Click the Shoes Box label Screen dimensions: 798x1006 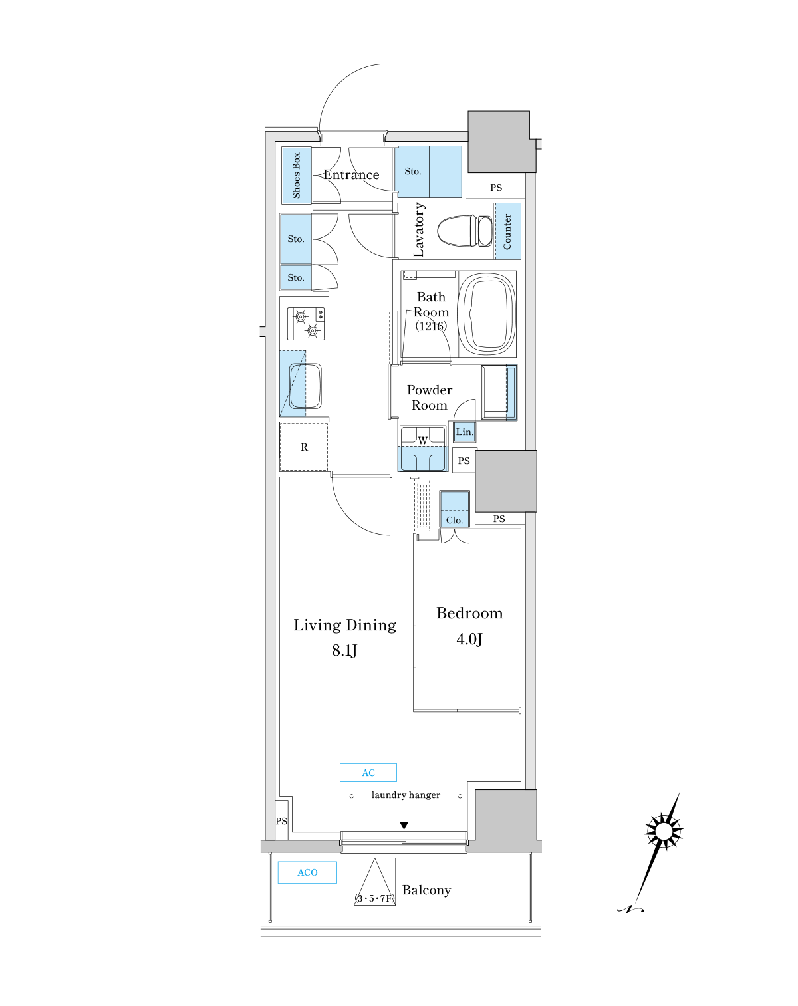[296, 176]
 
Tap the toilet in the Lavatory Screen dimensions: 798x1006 [465, 231]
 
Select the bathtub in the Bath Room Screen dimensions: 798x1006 [487, 314]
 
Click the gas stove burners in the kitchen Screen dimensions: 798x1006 [306, 324]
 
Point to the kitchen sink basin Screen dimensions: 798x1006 [305, 386]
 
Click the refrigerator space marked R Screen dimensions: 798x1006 [304, 447]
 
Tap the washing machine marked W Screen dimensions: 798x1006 [423, 449]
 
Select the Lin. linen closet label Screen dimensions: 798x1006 [465, 432]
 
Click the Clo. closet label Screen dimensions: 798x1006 [454, 520]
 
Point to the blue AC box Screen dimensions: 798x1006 [368, 773]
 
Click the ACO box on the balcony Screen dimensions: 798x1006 [307, 872]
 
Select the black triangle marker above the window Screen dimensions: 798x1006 [404, 826]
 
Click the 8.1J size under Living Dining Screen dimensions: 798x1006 [344, 650]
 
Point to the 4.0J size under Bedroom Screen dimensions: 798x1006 [469, 638]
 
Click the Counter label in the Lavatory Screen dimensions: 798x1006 [507, 231]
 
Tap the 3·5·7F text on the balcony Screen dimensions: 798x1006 [375, 898]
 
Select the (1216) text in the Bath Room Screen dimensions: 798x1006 [431, 326]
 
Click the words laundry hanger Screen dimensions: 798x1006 [406, 795]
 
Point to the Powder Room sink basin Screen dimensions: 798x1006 [499, 393]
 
